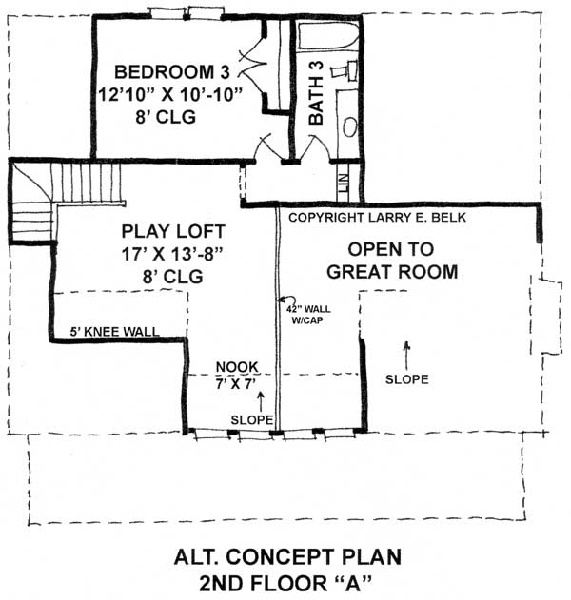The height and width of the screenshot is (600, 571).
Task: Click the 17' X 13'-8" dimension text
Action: coord(165,254)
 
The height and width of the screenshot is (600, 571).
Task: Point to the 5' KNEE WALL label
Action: coord(113,333)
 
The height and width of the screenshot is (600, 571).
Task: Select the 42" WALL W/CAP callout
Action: coord(301,314)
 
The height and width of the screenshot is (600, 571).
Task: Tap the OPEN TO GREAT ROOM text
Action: coord(391,261)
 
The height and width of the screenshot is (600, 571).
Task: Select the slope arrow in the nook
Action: coord(259,403)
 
